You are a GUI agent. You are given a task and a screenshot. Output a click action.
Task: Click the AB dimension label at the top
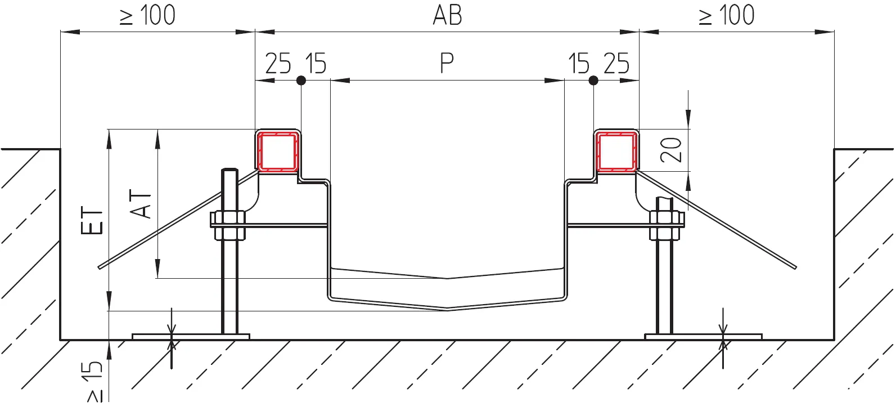click(x=447, y=16)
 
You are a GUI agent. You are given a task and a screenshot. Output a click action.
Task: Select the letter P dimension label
click(x=447, y=63)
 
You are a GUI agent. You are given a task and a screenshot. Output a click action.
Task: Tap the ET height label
click(x=92, y=220)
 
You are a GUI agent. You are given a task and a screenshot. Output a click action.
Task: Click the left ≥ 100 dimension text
click(x=147, y=16)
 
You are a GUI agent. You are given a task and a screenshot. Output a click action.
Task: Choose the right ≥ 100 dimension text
click(x=726, y=16)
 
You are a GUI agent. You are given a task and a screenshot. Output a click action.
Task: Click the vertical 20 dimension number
click(x=671, y=150)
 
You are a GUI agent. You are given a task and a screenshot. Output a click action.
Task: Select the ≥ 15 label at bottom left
click(x=94, y=382)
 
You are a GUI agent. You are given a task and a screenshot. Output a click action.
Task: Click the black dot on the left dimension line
click(x=301, y=81)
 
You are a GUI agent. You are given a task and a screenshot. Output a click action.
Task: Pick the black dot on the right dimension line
click(x=593, y=81)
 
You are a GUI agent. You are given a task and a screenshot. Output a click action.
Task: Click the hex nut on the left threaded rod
click(x=228, y=225)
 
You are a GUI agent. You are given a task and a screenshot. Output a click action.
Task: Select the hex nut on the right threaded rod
click(x=667, y=225)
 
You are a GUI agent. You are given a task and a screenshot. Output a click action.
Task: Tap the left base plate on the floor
click(x=191, y=337)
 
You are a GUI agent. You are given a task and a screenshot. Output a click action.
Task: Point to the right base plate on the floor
click(x=703, y=337)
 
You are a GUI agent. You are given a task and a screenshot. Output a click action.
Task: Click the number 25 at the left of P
click(x=278, y=63)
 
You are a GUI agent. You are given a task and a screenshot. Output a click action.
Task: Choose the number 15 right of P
click(x=578, y=63)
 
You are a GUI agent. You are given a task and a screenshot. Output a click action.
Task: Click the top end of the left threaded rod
click(x=229, y=169)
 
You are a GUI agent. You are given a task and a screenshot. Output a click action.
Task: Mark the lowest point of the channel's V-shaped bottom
click(x=447, y=310)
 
